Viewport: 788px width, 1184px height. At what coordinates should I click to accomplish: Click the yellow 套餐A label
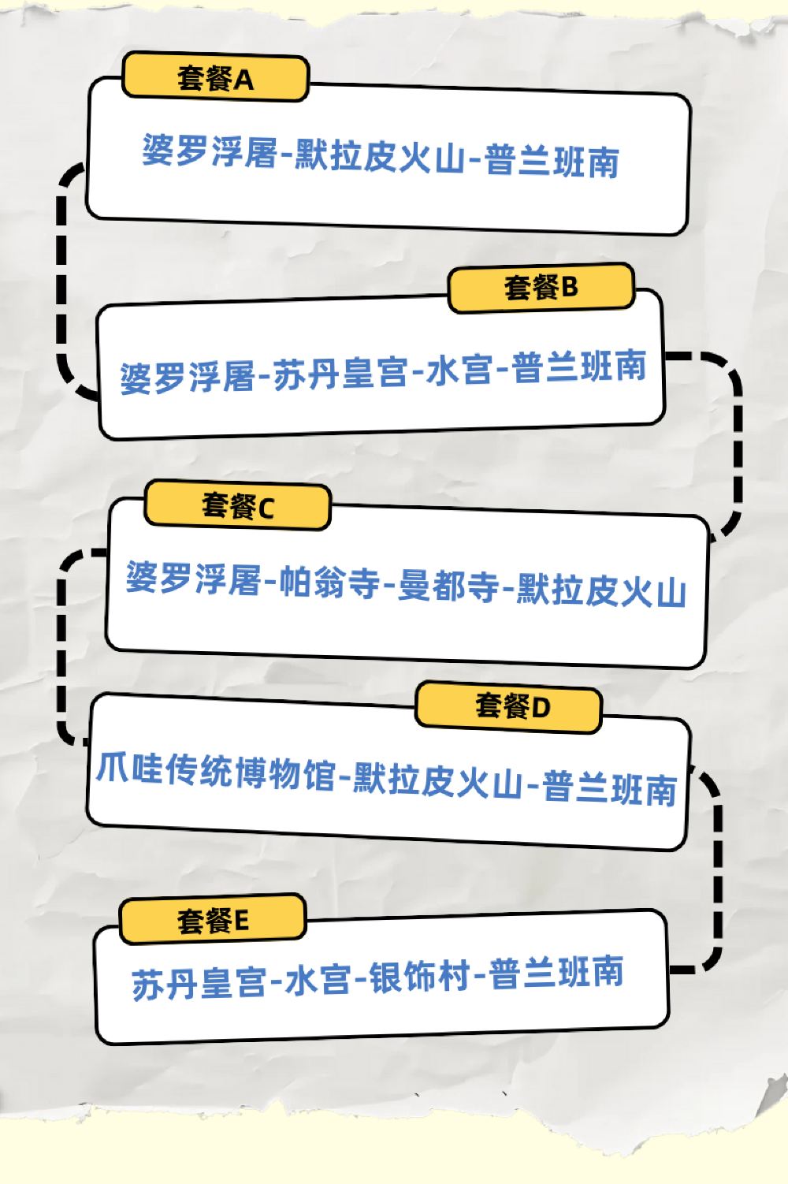(214, 78)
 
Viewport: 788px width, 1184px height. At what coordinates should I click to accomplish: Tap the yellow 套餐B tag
(541, 288)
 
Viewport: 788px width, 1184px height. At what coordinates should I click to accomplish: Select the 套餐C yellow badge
(237, 506)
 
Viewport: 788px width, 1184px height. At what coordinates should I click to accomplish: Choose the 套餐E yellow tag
(213, 920)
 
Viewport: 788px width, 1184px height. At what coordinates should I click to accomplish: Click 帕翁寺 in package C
(331, 583)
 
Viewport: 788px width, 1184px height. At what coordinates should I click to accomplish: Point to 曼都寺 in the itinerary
(448, 587)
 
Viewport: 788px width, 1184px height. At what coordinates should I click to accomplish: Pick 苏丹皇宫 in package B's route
(340, 373)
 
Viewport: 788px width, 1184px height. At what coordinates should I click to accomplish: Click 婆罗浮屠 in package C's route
(193, 579)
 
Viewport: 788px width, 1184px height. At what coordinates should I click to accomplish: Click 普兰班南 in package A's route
(552, 161)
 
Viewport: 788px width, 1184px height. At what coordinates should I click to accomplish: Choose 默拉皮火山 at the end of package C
(600, 591)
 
